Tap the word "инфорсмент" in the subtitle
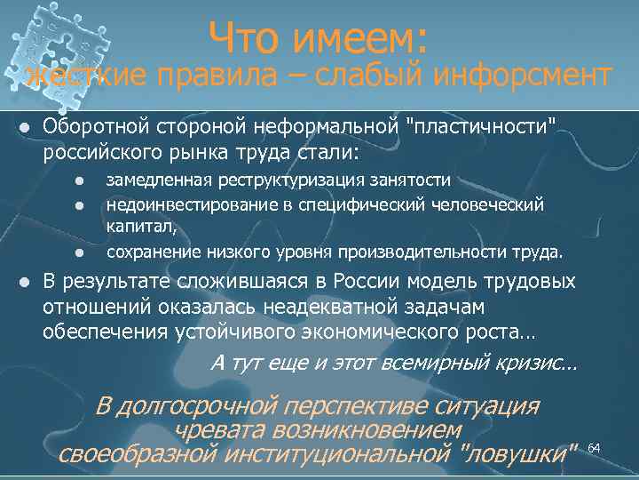[x=523, y=77]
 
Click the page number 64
[x=595, y=446]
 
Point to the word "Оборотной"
[x=91, y=130]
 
